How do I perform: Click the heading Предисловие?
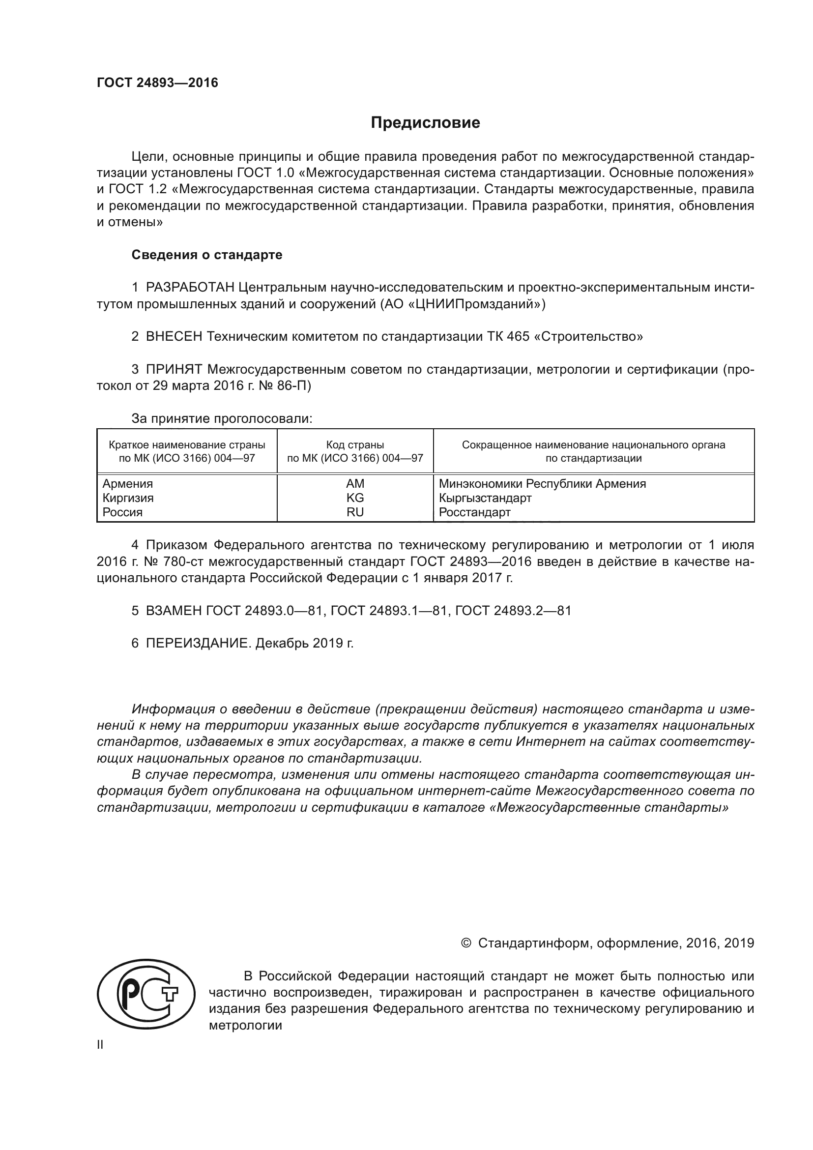[425, 123]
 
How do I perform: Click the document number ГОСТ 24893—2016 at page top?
[157, 83]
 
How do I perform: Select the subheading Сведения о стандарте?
[207, 255]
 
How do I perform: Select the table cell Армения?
[128, 484]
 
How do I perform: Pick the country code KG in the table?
[355, 498]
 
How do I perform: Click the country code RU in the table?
[355, 512]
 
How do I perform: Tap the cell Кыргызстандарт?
[485, 498]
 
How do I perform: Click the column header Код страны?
[355, 445]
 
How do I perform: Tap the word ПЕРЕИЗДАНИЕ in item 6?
[198, 643]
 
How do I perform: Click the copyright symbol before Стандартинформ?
[465, 943]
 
